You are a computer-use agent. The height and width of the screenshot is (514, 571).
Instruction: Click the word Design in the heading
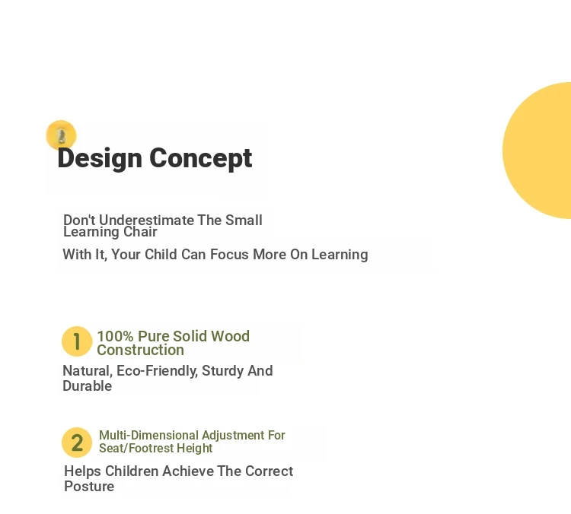tap(100, 159)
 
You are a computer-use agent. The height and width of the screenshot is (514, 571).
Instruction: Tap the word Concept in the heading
tap(201, 159)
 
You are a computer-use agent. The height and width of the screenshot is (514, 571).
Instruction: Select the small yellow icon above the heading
tap(61, 135)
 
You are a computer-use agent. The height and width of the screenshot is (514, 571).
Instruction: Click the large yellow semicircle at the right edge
tap(537, 151)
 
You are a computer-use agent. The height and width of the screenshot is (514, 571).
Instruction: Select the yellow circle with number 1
tap(77, 341)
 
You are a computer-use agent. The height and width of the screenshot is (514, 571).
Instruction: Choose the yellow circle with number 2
tap(77, 443)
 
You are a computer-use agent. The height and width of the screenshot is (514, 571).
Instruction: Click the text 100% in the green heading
tap(116, 336)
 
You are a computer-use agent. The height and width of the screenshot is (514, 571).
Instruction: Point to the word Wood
tap(231, 336)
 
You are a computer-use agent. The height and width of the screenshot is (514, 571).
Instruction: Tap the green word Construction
tap(141, 350)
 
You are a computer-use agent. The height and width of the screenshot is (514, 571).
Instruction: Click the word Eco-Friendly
tap(158, 371)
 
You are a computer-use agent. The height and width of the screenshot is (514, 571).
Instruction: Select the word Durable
tap(88, 386)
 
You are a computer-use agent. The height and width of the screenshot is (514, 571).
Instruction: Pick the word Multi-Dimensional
tap(149, 435)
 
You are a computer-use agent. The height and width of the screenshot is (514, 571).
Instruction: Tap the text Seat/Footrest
tap(136, 448)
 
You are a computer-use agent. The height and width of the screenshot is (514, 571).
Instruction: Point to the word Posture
tap(89, 487)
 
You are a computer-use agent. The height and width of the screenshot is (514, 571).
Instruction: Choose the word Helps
tap(83, 471)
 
